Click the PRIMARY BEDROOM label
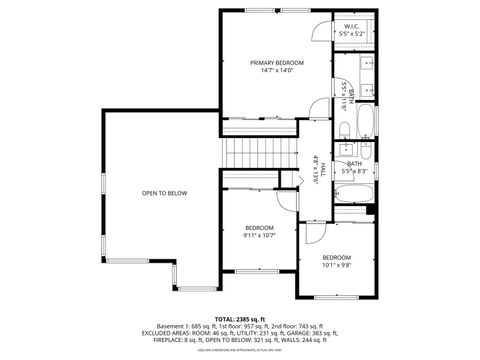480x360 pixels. [277, 62]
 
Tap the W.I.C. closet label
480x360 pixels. [351, 27]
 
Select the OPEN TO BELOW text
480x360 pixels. [163, 192]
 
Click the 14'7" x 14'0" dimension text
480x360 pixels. [277, 71]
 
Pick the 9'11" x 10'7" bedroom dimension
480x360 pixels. [259, 236]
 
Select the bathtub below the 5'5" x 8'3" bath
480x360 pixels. [355, 193]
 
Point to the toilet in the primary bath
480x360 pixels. [341, 127]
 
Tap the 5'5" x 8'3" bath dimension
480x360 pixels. [354, 171]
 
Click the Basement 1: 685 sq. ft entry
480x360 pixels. [189, 327]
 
